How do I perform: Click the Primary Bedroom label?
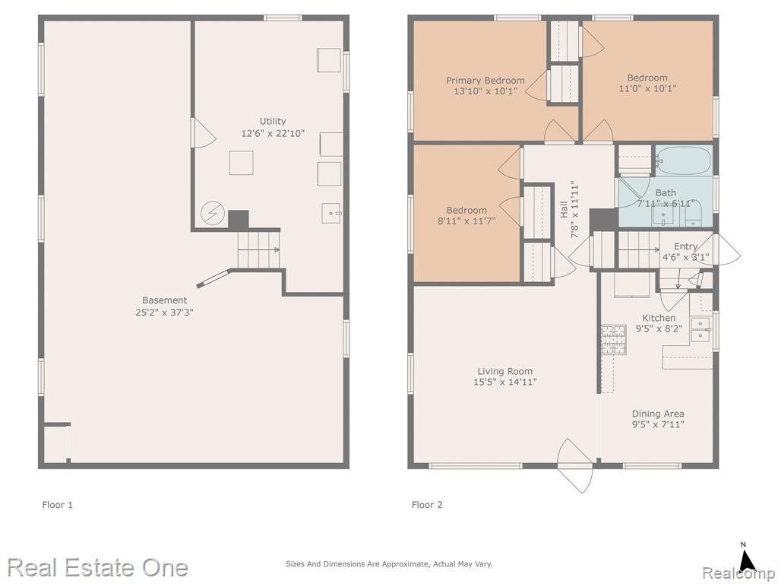coord(485,81)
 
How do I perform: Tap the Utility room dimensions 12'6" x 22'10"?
coord(273,134)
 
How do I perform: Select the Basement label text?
coord(164,300)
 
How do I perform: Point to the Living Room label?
coord(504,371)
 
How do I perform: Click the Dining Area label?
coord(658,414)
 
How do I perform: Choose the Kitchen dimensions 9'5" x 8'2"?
coord(659,328)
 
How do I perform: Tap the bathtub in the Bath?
coord(684,160)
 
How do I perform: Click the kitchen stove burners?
coord(614,340)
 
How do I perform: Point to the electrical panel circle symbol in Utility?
coord(213,214)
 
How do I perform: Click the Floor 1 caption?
coord(57,505)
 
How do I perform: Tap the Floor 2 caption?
coord(427,505)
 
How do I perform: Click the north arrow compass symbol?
coord(746,559)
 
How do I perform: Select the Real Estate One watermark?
coord(98,567)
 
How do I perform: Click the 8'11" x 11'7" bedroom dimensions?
coord(466,221)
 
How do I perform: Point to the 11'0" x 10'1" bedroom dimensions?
coord(647,88)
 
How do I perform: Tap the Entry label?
coord(686,246)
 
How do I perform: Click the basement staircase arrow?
coord(259,249)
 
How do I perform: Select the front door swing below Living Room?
coord(575,465)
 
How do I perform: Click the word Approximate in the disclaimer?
coord(406,564)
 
